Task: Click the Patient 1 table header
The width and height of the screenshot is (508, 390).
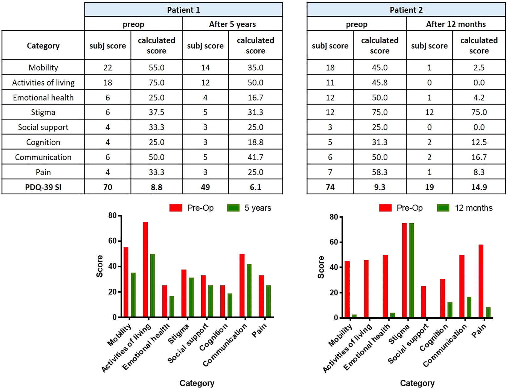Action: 183,10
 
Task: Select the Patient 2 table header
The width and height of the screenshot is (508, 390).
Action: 406,10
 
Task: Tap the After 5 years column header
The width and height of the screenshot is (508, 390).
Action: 232,24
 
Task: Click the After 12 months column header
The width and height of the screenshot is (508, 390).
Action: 456,24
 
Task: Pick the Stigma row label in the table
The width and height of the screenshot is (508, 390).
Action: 43,112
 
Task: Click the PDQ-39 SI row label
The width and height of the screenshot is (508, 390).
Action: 43,187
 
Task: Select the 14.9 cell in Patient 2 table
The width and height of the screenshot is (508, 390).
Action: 479,187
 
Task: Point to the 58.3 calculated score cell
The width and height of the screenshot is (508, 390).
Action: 379,172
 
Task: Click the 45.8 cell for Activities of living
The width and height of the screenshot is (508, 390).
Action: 379,83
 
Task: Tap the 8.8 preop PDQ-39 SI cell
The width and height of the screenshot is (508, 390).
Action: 156,187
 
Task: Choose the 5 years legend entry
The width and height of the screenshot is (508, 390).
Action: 249,208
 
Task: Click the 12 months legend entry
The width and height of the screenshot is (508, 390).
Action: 465,208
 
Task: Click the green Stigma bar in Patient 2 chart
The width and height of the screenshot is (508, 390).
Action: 411,270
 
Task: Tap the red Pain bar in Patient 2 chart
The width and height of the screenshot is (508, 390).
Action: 481,281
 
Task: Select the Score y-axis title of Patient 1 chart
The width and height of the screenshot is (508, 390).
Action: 99,266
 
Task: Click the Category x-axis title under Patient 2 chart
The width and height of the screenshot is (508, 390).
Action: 417,383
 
